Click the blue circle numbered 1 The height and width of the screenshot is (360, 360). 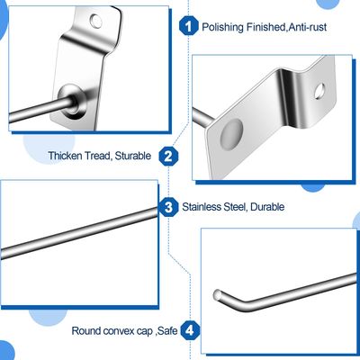coord(188,26)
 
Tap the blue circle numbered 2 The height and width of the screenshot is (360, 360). coord(167,156)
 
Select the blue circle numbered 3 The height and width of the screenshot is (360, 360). coord(168,206)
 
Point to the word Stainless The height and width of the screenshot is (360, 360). coord(202,207)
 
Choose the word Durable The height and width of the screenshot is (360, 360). coord(267,207)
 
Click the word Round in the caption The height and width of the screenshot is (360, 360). coord(86,330)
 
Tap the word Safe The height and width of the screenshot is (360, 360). coord(166,330)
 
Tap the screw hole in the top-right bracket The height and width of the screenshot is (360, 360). coord(318,88)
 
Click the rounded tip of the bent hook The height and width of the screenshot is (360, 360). coord(216,293)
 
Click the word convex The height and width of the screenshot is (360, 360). coord(121,330)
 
